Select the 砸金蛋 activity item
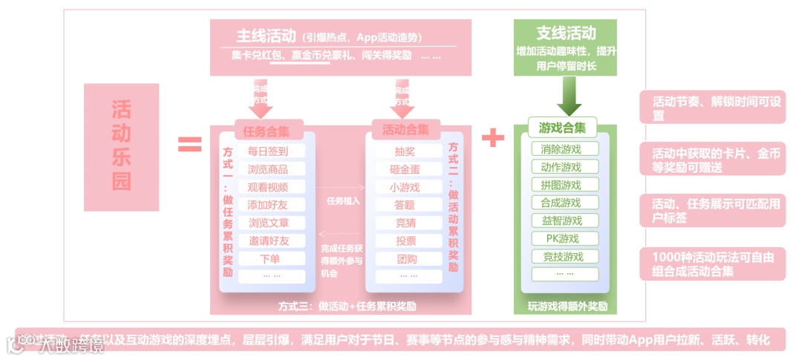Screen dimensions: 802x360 405,169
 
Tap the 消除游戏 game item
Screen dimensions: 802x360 561,148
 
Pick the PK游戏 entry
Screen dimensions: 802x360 561,238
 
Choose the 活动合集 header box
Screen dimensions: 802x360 405,129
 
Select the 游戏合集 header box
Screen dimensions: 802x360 562,128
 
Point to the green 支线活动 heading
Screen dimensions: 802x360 566,33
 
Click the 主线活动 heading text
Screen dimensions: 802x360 267,36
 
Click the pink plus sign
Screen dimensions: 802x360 492,137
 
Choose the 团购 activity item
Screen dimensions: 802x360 405,259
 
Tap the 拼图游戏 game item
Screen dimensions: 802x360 561,185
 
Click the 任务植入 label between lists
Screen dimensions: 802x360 343,200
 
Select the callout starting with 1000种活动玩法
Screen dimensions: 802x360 712,264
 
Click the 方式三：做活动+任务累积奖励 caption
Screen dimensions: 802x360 347,306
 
